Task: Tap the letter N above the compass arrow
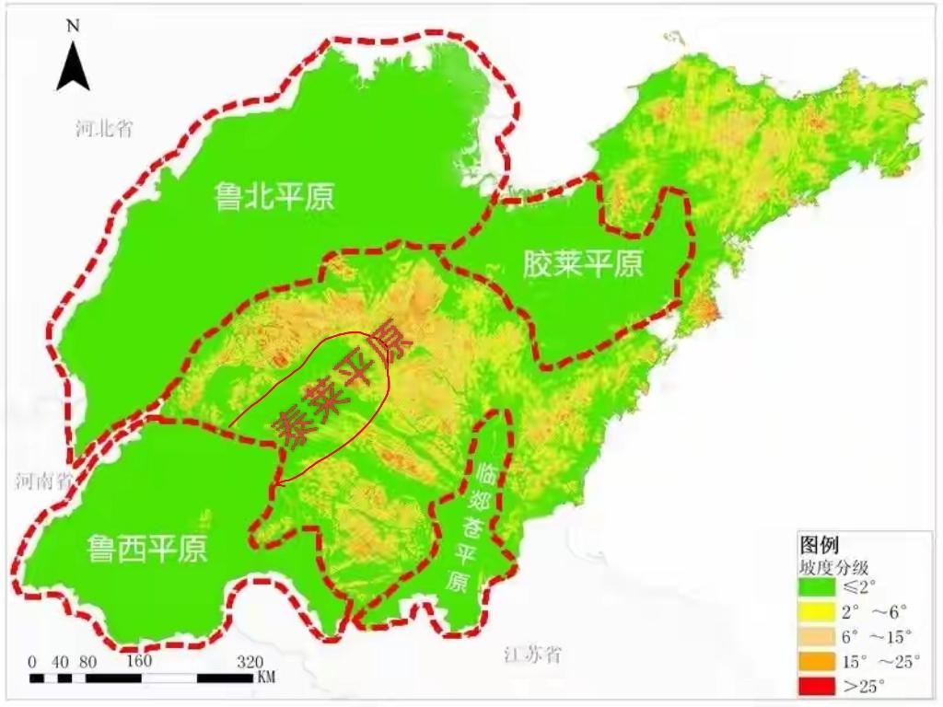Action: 73,25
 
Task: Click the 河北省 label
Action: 104,128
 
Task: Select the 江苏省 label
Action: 532,655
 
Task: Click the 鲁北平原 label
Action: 274,196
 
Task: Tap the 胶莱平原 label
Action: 582,265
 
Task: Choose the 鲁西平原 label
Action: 147,549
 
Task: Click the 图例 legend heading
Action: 819,544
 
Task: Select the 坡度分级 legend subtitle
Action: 832,566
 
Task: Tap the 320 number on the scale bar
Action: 250,662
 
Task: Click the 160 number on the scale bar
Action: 138,662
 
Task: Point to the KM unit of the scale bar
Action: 265,678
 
